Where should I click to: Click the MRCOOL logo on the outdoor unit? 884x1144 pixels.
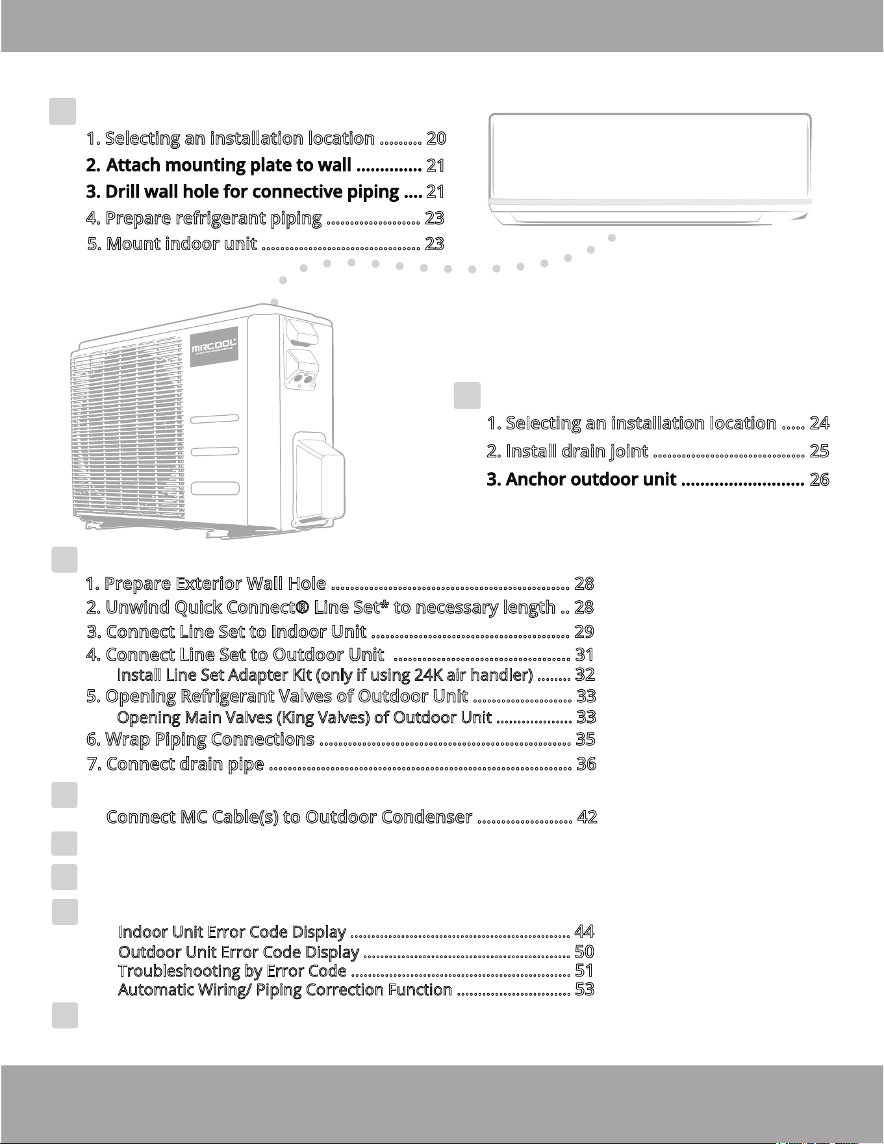[x=214, y=351]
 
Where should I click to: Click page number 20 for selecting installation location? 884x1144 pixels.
[x=436, y=138]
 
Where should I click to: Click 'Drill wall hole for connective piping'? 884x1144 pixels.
[x=243, y=192]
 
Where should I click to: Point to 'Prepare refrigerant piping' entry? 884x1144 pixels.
[x=204, y=219]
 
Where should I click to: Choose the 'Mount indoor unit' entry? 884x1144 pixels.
[x=172, y=244]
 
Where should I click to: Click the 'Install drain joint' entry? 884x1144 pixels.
[x=568, y=451]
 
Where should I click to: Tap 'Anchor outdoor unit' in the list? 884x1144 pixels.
[x=582, y=479]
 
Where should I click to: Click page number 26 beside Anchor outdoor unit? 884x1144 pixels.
[x=820, y=479]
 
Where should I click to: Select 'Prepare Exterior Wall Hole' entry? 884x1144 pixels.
[x=206, y=583]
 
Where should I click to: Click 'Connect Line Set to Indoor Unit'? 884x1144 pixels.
[x=227, y=631]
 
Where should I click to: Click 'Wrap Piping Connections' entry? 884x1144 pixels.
[x=201, y=739]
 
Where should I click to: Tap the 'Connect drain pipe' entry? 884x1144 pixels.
[x=175, y=764]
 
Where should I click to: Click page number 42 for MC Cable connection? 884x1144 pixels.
[x=587, y=817]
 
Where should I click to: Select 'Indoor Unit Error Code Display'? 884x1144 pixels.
[x=232, y=932]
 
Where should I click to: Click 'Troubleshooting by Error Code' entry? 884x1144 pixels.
[x=232, y=971]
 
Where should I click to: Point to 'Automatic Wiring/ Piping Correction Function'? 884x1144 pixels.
[x=285, y=990]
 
